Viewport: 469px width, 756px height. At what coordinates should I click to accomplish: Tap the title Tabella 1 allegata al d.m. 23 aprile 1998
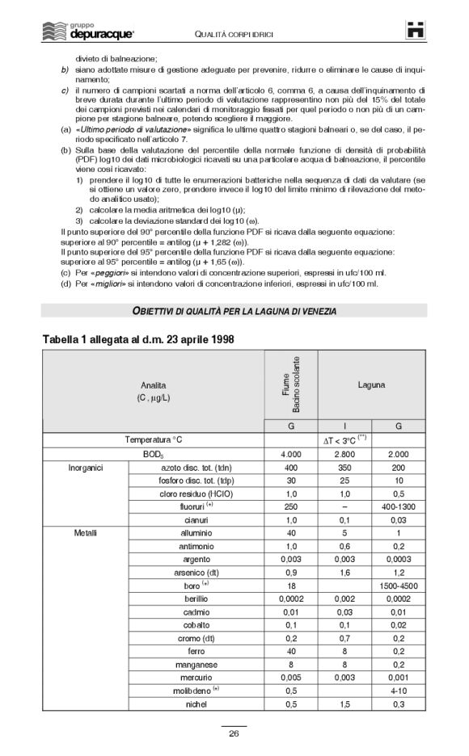(138, 339)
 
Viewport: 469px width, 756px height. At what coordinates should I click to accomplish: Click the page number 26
(234, 733)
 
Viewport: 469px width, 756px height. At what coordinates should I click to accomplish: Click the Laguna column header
(371, 385)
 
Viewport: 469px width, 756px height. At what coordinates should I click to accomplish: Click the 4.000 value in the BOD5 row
(291, 455)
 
